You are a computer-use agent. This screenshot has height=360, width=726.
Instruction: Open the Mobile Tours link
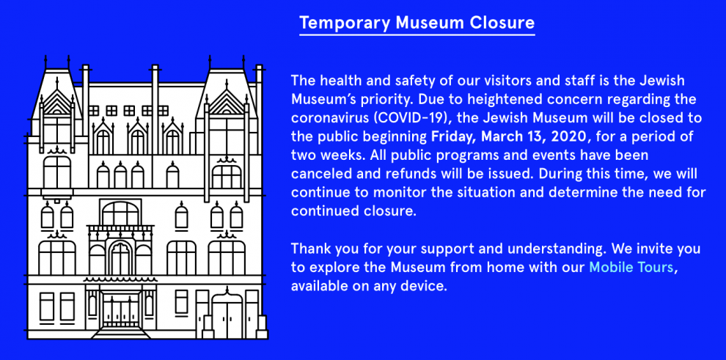pos(631,267)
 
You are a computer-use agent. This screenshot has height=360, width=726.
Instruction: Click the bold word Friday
pos(453,136)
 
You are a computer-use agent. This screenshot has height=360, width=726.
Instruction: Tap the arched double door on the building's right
pos(227,315)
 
